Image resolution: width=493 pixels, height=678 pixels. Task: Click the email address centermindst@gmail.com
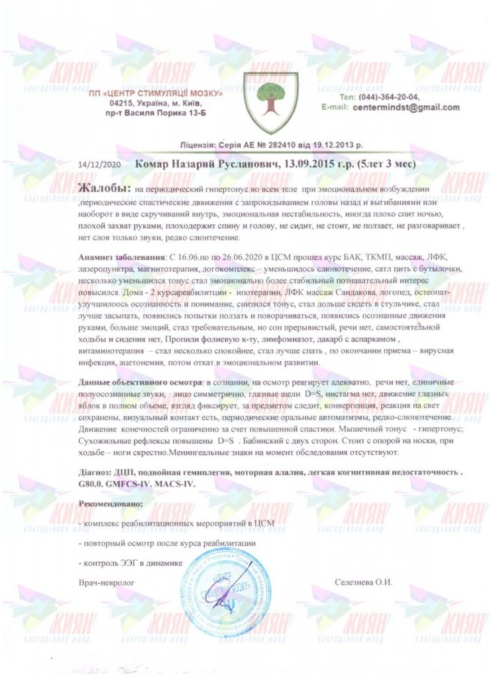pos(406,107)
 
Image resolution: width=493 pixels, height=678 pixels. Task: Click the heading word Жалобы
pos(103,188)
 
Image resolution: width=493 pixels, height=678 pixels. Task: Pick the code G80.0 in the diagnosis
pos(92,485)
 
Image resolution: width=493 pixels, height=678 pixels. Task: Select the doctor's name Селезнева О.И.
pos(364,583)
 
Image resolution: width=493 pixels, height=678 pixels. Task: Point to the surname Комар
pos(156,163)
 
